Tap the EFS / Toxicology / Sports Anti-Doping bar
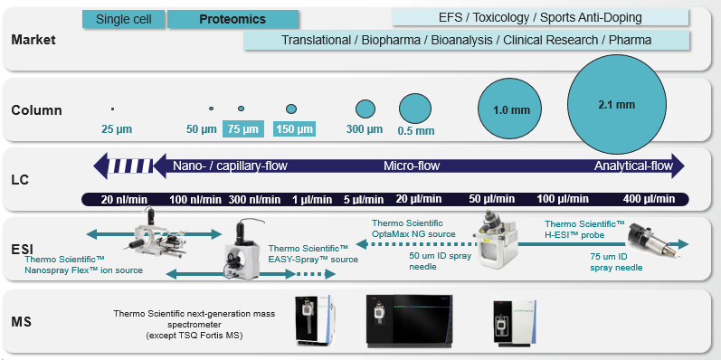click(540, 17)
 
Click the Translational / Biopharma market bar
click(467, 40)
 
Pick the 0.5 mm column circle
click(414, 109)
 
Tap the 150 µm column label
click(294, 129)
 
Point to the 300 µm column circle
click(365, 109)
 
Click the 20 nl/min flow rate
click(119, 199)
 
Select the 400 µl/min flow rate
click(649, 199)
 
